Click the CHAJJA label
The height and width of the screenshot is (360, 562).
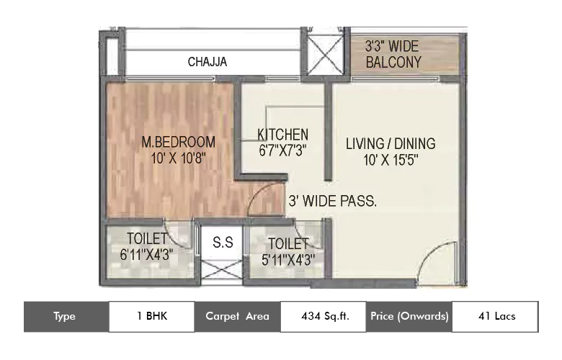pyautogui.click(x=207, y=62)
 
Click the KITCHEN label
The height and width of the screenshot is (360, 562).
pyautogui.click(x=283, y=135)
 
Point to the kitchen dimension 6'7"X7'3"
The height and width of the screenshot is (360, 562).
pyautogui.click(x=283, y=151)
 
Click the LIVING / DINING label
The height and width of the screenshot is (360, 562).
pyautogui.click(x=391, y=143)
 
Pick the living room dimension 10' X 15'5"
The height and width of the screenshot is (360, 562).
pyautogui.click(x=391, y=160)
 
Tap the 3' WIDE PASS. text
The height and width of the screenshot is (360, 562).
pyautogui.click(x=332, y=202)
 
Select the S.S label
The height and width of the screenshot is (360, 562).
pyautogui.click(x=223, y=243)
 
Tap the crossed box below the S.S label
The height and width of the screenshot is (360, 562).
pyautogui.click(x=222, y=273)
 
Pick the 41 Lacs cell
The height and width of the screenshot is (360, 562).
pyautogui.click(x=495, y=316)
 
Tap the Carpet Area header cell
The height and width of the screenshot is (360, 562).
pyautogui.click(x=237, y=316)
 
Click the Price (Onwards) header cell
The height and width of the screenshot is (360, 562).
pyautogui.click(x=409, y=316)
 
